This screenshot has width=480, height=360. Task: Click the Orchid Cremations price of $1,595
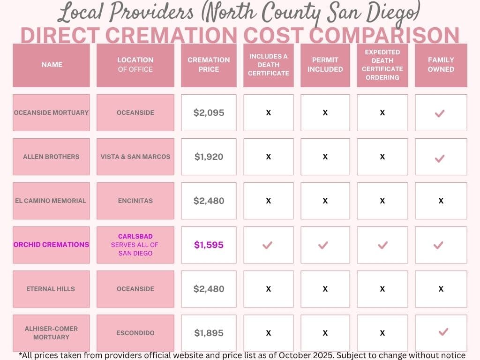pyautogui.click(x=209, y=245)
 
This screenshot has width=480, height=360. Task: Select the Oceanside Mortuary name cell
pyautogui.click(x=51, y=112)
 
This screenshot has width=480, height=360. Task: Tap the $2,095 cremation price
pyautogui.click(x=209, y=112)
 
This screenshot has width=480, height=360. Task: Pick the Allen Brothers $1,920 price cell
pyautogui.click(x=209, y=157)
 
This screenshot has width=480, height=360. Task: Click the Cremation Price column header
pyautogui.click(x=209, y=65)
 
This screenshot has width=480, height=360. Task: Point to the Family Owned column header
pyautogui.click(x=441, y=65)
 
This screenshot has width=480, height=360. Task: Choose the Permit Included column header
pyautogui.click(x=325, y=65)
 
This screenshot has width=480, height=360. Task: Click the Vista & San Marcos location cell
pyautogui.click(x=135, y=157)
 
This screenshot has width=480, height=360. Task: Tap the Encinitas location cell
pyautogui.click(x=135, y=201)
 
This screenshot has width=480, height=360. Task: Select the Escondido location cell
pyautogui.click(x=135, y=333)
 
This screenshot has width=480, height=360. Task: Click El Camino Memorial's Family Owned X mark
pyautogui.click(x=441, y=201)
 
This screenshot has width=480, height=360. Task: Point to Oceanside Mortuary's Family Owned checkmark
pyautogui.click(x=440, y=113)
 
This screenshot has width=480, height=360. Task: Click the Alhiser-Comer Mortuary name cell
pyautogui.click(x=51, y=333)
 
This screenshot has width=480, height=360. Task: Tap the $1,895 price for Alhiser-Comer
pyautogui.click(x=209, y=333)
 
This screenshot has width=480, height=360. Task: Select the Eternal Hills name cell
pyautogui.click(x=51, y=289)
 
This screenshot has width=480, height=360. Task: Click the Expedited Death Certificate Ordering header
pyautogui.click(x=382, y=65)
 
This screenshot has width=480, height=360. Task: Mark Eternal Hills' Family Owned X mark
pyautogui.click(x=441, y=289)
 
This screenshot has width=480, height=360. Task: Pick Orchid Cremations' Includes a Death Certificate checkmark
pyautogui.click(x=268, y=245)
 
